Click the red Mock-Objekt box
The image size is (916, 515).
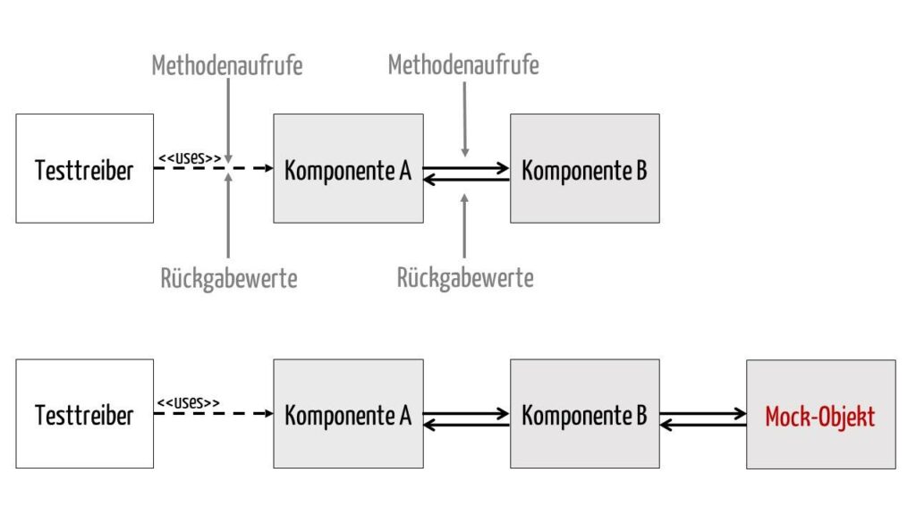tap(821, 414)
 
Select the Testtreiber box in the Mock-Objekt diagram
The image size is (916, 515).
tap(85, 413)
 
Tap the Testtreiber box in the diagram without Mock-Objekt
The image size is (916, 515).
tap(85, 168)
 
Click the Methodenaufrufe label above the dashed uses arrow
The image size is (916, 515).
tap(227, 64)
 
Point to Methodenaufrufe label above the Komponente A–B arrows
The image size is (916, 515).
tap(464, 64)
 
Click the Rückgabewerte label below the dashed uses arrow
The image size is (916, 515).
tap(229, 279)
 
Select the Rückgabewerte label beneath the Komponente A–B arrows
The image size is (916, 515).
tap(465, 278)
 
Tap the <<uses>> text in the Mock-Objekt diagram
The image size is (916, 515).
tap(188, 403)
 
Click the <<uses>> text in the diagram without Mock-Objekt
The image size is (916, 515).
tap(190, 157)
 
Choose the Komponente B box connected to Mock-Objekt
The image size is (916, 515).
tap(585, 413)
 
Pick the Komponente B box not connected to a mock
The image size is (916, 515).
tap(585, 168)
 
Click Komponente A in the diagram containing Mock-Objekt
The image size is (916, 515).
tap(348, 413)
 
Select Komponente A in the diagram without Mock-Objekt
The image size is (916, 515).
tap(348, 168)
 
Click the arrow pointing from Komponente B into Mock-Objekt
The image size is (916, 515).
tap(703, 414)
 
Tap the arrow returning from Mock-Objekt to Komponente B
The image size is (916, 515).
tap(703, 425)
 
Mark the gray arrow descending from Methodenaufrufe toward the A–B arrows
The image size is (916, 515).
tap(464, 119)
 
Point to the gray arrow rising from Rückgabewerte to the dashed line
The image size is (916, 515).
tap(228, 215)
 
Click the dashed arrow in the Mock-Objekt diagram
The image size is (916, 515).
tap(214, 413)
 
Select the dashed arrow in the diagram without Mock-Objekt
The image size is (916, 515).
tap(214, 168)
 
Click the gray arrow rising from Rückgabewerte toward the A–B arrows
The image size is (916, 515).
tap(464, 225)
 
